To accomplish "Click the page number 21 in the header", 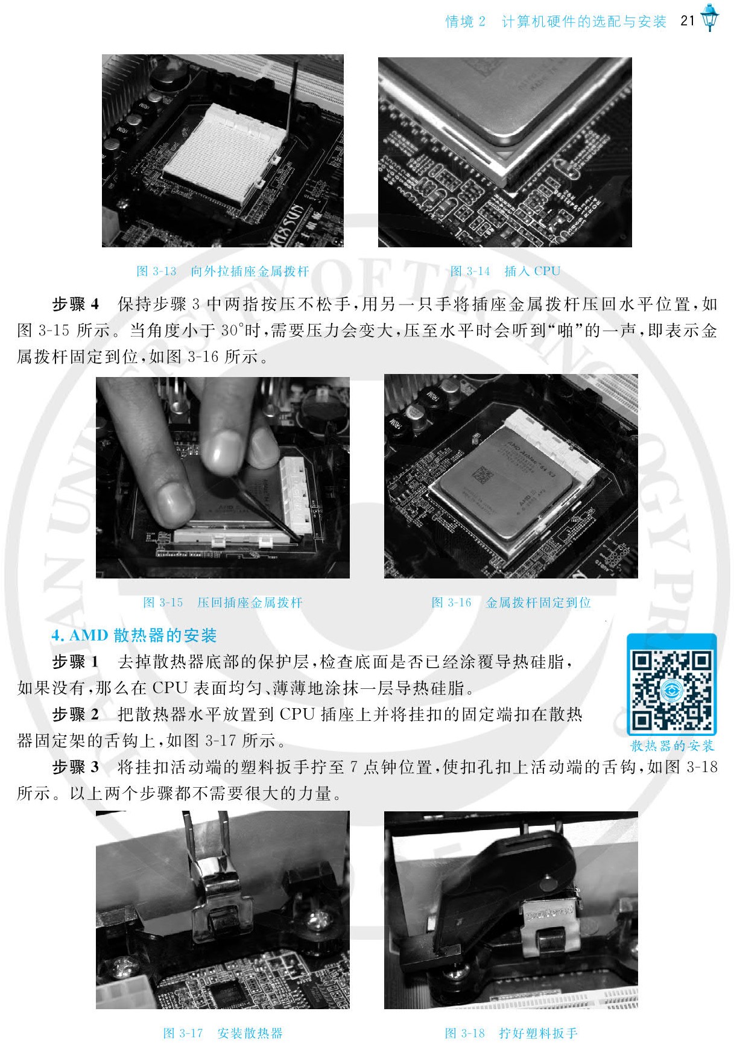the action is click(688, 21).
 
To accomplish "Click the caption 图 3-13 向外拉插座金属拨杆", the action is click(223, 271).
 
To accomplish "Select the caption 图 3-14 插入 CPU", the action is click(505, 271).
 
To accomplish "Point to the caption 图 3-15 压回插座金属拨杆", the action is click(223, 602).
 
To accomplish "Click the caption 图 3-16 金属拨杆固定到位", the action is click(511, 602).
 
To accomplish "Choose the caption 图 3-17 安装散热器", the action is click(223, 1033).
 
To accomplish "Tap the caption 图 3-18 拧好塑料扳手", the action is click(511, 1033).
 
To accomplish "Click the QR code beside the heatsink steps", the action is click(672, 684).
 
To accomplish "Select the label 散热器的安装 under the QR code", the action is click(672, 746).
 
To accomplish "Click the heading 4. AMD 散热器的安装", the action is click(134, 635).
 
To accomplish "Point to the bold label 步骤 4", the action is click(75, 304).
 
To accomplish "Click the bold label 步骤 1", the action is click(75, 662).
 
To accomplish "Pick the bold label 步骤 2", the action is click(75, 714).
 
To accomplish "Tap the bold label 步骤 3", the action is click(75, 767).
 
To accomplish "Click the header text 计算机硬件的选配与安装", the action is click(584, 22).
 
